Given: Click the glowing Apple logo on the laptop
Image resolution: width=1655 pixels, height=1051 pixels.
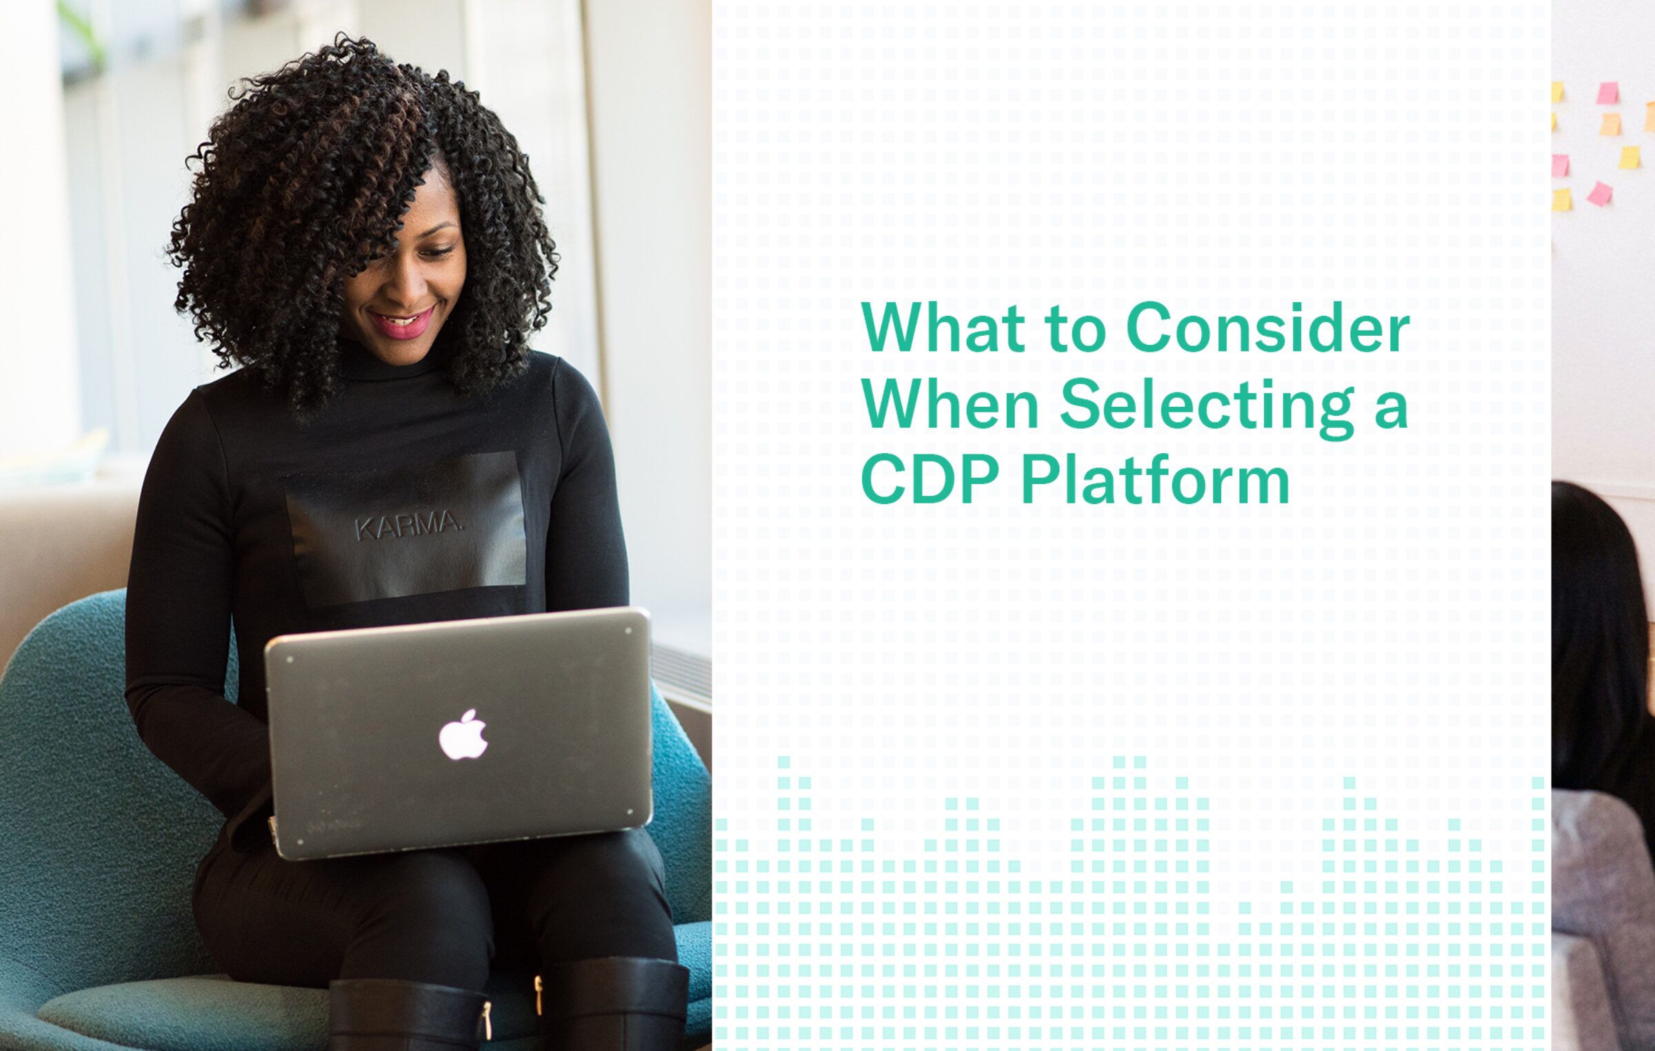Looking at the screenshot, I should click(463, 734).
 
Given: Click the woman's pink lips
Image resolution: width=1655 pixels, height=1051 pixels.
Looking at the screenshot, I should click(404, 324).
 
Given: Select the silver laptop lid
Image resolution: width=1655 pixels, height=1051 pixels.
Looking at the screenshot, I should click(459, 731).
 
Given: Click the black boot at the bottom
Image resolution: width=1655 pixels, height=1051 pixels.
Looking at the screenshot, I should click(614, 1007).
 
